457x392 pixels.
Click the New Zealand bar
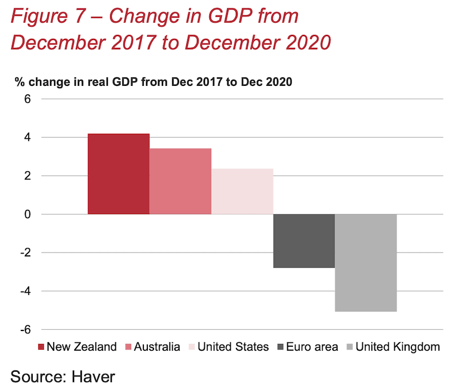(118, 174)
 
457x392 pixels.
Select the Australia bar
(181, 181)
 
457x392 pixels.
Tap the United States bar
(243, 191)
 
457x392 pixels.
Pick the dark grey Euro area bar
(304, 241)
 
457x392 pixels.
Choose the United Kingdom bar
(366, 263)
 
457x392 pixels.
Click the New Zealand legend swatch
(41, 347)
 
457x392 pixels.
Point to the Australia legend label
(157, 347)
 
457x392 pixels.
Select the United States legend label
(232, 347)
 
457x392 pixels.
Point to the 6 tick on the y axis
(27, 99)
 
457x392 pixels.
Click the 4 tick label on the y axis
(27, 138)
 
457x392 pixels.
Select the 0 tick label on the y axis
(27, 215)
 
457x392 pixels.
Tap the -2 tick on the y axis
(24, 253)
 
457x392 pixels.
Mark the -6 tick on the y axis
(24, 330)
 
